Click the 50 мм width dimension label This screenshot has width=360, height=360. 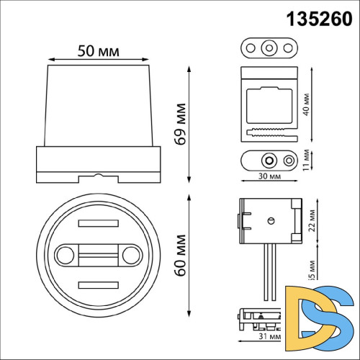(98, 53)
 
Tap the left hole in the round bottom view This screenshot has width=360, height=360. (63, 254)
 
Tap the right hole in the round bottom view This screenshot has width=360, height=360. (131, 254)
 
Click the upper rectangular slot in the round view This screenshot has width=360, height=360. (97, 223)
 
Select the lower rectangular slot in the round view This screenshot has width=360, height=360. (97, 286)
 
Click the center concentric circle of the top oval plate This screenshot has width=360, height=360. (269, 48)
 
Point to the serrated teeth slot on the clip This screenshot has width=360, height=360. (270, 132)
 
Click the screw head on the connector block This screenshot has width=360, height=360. (271, 221)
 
